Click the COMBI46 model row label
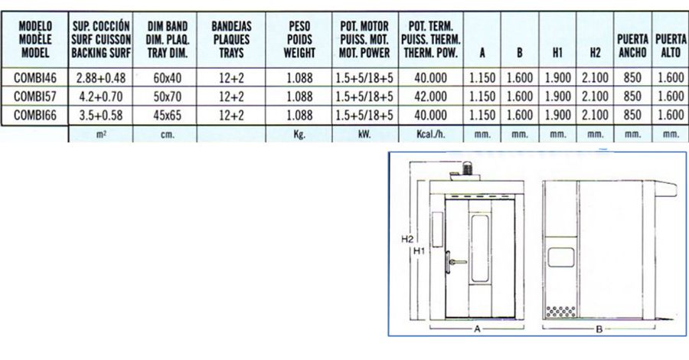point(35,78)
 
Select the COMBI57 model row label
point(35,97)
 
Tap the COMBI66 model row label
point(35,115)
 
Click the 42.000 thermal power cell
point(430,97)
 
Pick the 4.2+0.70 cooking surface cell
point(100,97)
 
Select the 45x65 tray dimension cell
point(167,115)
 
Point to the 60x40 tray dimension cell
point(167,78)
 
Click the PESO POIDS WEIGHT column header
point(299,40)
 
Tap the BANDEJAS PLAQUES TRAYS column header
point(231,40)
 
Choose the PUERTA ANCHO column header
point(633,46)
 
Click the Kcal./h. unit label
point(430,134)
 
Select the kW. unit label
point(364,134)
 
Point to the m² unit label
point(100,134)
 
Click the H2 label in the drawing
point(407,240)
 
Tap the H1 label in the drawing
point(420,251)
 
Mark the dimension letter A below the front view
point(477,329)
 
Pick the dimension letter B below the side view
point(599,329)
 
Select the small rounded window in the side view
point(560,257)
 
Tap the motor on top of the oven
point(468,168)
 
